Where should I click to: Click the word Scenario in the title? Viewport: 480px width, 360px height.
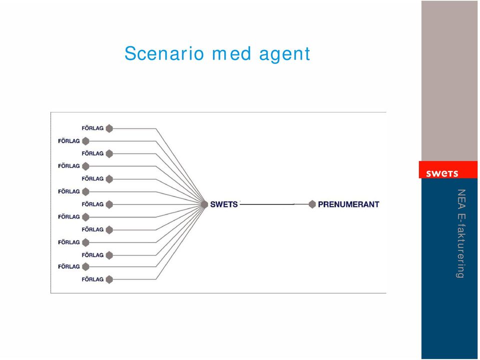coord(164,53)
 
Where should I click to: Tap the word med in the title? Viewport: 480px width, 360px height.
coord(232,53)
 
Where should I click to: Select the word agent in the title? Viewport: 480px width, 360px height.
coord(285,54)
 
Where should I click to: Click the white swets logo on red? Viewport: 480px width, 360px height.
coord(442,173)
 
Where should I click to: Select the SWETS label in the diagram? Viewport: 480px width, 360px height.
coord(224,204)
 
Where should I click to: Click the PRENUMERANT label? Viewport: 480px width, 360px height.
coord(348,204)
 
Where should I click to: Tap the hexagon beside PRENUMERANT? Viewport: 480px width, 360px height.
coord(312,204)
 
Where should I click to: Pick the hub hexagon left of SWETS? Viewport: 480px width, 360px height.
coord(204,204)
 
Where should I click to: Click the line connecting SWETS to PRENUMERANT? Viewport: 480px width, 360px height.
coord(274,204)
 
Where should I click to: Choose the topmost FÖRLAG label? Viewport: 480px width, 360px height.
coord(93,128)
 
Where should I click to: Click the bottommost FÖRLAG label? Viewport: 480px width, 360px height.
coord(93,279)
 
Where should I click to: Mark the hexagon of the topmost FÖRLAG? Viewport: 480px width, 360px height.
coord(109,128)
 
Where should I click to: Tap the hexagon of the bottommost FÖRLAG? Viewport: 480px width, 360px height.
coord(109,279)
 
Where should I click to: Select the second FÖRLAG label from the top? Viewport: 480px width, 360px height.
coord(69,141)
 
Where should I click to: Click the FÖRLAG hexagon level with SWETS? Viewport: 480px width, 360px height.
coord(109,204)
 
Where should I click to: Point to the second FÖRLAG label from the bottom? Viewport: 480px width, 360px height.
coord(69,266)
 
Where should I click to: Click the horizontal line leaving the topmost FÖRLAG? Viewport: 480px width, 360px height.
coord(134,129)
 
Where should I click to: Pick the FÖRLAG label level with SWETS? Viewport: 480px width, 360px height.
coord(93,204)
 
